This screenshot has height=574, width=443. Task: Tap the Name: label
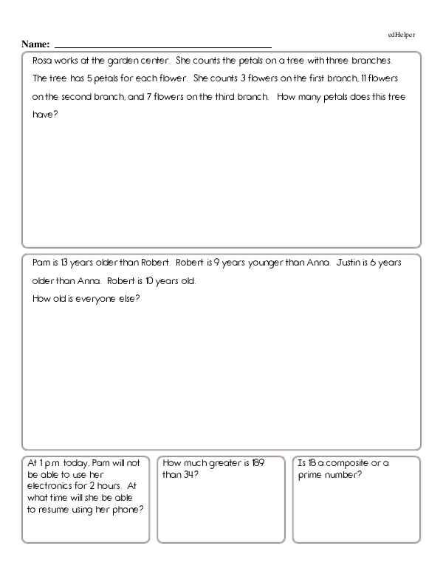pyautogui.click(x=35, y=44)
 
